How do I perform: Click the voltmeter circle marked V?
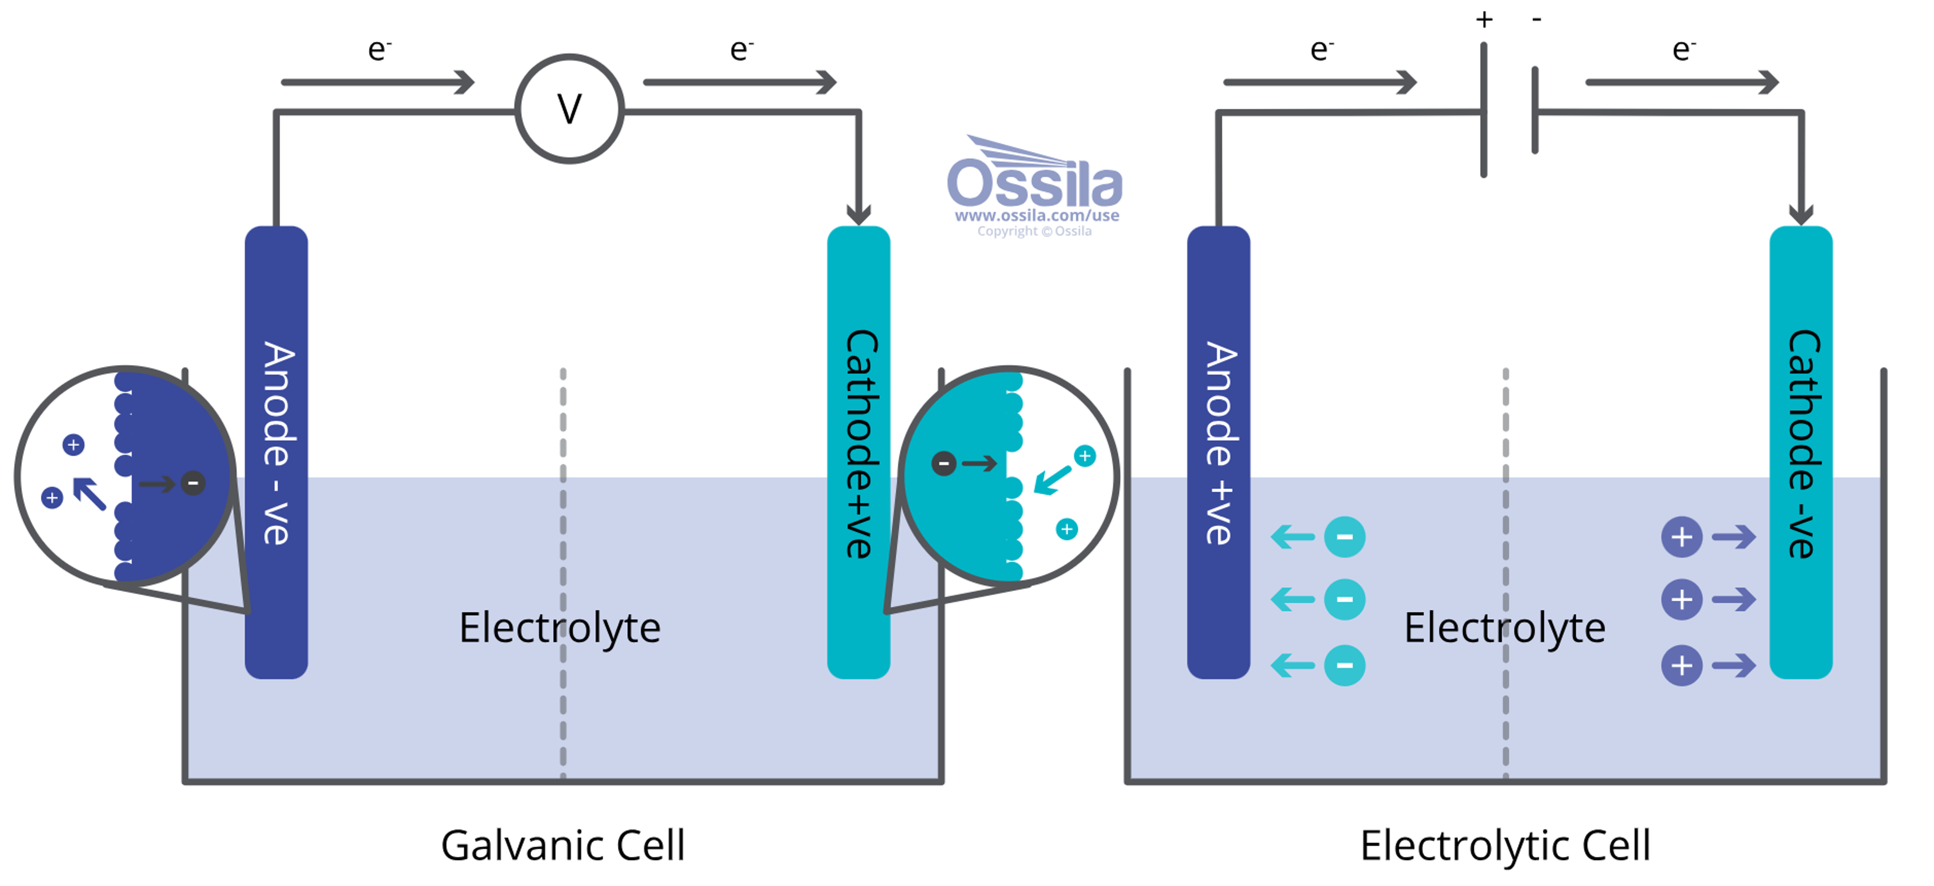(569, 109)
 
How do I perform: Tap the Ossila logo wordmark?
(1035, 182)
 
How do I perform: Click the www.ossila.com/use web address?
(1036, 215)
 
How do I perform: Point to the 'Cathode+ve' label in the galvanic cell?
(860, 443)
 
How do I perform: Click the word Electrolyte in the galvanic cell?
(560, 628)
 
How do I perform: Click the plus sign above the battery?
(1483, 19)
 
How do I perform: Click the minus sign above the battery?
(1536, 19)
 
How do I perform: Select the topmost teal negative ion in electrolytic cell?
(1344, 537)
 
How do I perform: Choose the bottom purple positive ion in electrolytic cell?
(1681, 665)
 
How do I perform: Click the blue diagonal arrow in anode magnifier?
(89, 494)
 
